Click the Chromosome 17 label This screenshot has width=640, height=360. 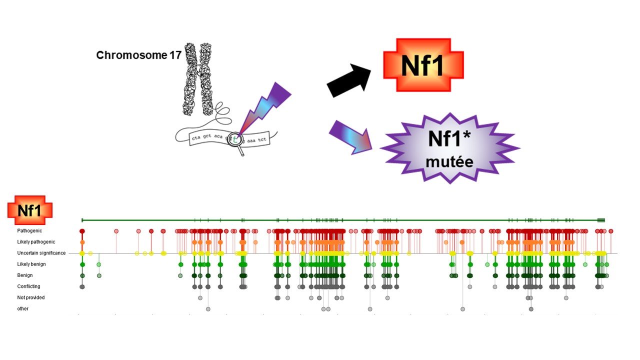[138, 55]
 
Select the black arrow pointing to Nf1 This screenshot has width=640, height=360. [348, 80]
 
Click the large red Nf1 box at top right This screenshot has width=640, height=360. [423, 65]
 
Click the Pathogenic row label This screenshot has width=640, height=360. [30, 231]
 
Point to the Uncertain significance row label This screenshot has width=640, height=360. [41, 253]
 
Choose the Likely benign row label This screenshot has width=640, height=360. [31, 264]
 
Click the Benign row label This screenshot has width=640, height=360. [25, 275]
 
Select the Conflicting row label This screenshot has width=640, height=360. [28, 286]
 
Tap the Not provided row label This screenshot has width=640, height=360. [31, 297]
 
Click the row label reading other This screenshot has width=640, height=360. [23, 308]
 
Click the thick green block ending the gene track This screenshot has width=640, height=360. [601, 220]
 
